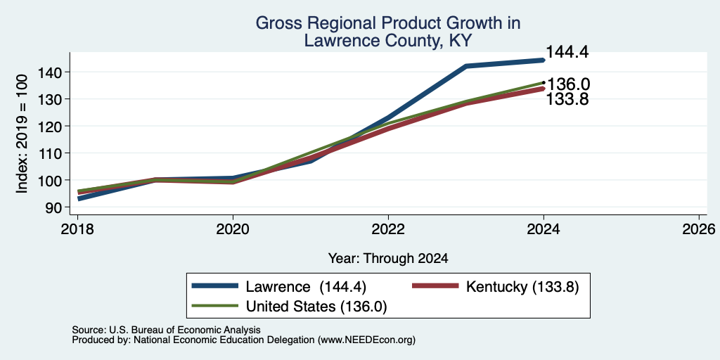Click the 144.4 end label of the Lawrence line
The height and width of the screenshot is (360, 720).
coord(567,52)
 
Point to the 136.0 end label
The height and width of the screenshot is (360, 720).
coord(568,84)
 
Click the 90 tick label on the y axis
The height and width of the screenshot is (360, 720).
coord(54,207)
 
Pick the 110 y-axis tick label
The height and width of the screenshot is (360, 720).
coord(51,153)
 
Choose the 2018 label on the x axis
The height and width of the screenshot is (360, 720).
coord(77,229)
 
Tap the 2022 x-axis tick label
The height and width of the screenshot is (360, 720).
coord(388,229)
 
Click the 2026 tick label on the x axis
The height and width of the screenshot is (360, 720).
coord(699,229)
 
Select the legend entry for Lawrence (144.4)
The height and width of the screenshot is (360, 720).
coord(278,287)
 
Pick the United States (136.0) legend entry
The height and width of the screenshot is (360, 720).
coord(289,307)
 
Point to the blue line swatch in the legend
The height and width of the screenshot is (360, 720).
coord(215,287)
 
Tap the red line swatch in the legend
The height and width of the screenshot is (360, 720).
coord(435,287)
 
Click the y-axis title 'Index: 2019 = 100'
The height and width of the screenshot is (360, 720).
coord(22,134)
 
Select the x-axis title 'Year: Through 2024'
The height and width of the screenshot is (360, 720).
coord(388,259)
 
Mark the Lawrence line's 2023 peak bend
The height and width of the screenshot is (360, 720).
coord(466,66)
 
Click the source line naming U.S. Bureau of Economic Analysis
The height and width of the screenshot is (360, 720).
coord(166,330)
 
